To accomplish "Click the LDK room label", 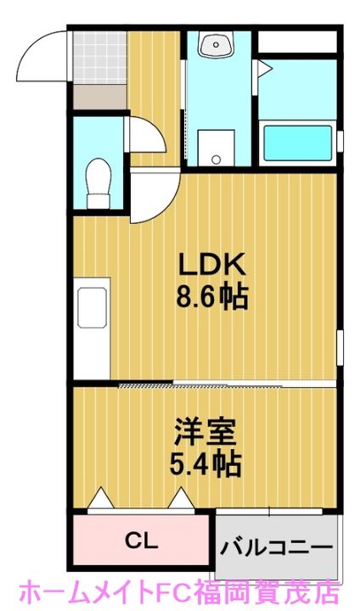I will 211,265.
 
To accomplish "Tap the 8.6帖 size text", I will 211,297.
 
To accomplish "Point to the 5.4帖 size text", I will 205,463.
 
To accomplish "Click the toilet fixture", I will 98,177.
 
